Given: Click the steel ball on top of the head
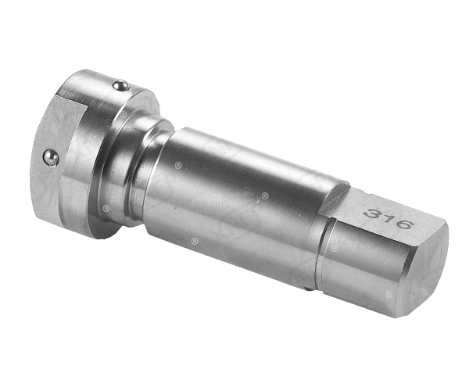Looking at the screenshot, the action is (121, 85).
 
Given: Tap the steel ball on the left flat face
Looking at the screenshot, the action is (50, 157).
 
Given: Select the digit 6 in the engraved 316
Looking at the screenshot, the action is (402, 223).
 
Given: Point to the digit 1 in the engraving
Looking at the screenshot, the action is (387, 218).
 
